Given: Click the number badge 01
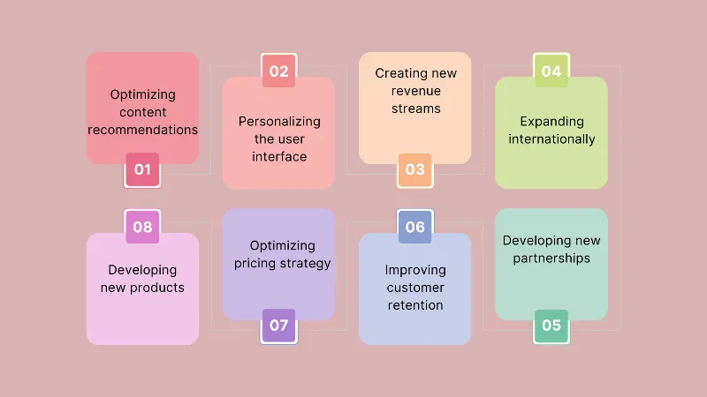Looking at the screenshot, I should coord(142,169).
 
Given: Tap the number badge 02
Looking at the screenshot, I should coord(278,71).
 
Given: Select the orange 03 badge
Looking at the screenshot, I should coord(414,169).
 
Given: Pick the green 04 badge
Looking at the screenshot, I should coord(551,71).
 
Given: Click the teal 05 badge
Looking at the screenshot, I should coord(551,326).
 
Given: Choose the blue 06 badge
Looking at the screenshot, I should coord(414,227).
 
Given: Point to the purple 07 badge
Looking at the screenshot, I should coord(278,326).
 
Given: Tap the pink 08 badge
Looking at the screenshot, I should coord(142,227).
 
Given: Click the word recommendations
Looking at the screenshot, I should coord(142,130).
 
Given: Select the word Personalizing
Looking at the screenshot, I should coord(279,121).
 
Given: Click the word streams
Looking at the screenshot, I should coord(415,109).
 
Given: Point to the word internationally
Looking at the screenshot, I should coord(551,139).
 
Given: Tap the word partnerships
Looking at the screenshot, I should coord(551,258).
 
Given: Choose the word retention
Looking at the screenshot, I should coord(415,305).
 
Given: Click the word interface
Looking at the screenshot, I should coord(279,156).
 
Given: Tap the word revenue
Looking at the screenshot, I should coord(415,92).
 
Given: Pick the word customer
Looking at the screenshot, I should coord(415,288).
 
